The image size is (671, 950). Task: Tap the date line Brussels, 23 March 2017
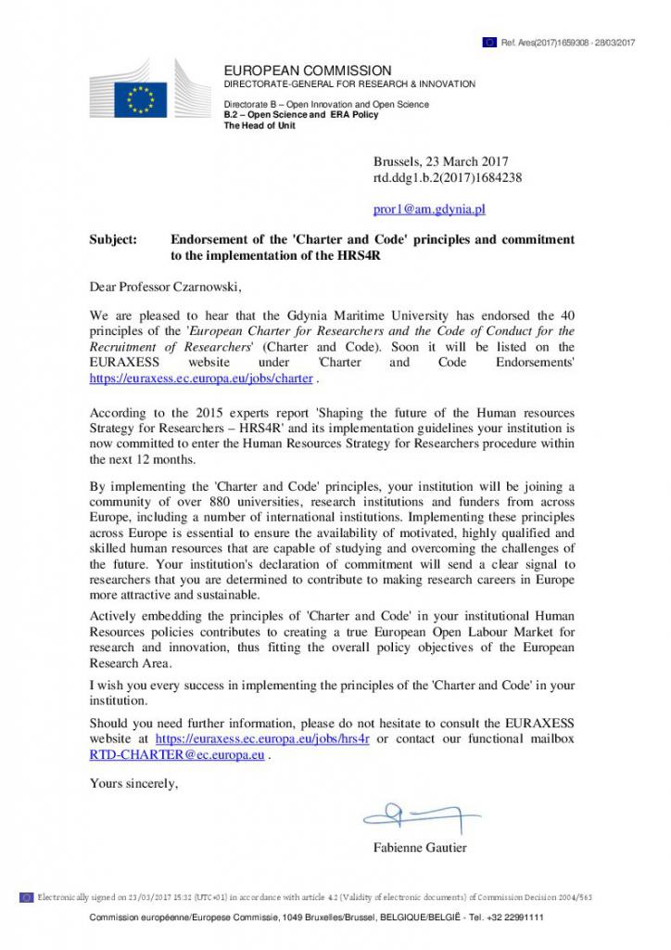point(440,161)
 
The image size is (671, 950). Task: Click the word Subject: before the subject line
point(113,239)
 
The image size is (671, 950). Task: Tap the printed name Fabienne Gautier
point(420,847)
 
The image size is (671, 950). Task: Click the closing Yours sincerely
point(133,783)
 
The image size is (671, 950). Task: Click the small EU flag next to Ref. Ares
point(489,42)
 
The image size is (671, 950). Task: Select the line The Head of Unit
point(260,125)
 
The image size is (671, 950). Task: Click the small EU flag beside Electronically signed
point(26,896)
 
